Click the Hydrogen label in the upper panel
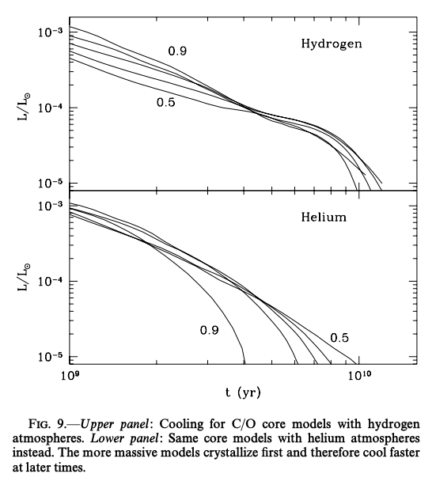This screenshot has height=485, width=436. coord(332,44)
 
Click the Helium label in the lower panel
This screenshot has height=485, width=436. coord(324,217)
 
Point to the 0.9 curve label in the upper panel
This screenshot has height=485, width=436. coord(177,51)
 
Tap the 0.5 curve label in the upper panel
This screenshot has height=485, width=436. coord(166,102)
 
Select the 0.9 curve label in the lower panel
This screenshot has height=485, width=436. coord(210,330)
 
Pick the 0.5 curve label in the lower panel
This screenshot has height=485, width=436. coord(339,338)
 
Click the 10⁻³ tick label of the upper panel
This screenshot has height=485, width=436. coord(50,32)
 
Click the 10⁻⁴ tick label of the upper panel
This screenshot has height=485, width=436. coord(50,108)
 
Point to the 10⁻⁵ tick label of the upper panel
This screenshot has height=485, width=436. coord(50,183)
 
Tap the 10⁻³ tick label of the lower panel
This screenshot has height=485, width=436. coord(50,206)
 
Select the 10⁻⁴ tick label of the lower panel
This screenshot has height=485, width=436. coord(50,282)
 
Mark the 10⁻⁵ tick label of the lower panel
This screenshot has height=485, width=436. coord(50,357)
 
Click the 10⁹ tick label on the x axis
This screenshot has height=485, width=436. coord(70,376)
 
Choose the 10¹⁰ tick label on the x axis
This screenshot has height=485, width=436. coord(359,376)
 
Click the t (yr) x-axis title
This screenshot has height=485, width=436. coord(243,392)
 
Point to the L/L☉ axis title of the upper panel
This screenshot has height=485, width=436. coord(25,107)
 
